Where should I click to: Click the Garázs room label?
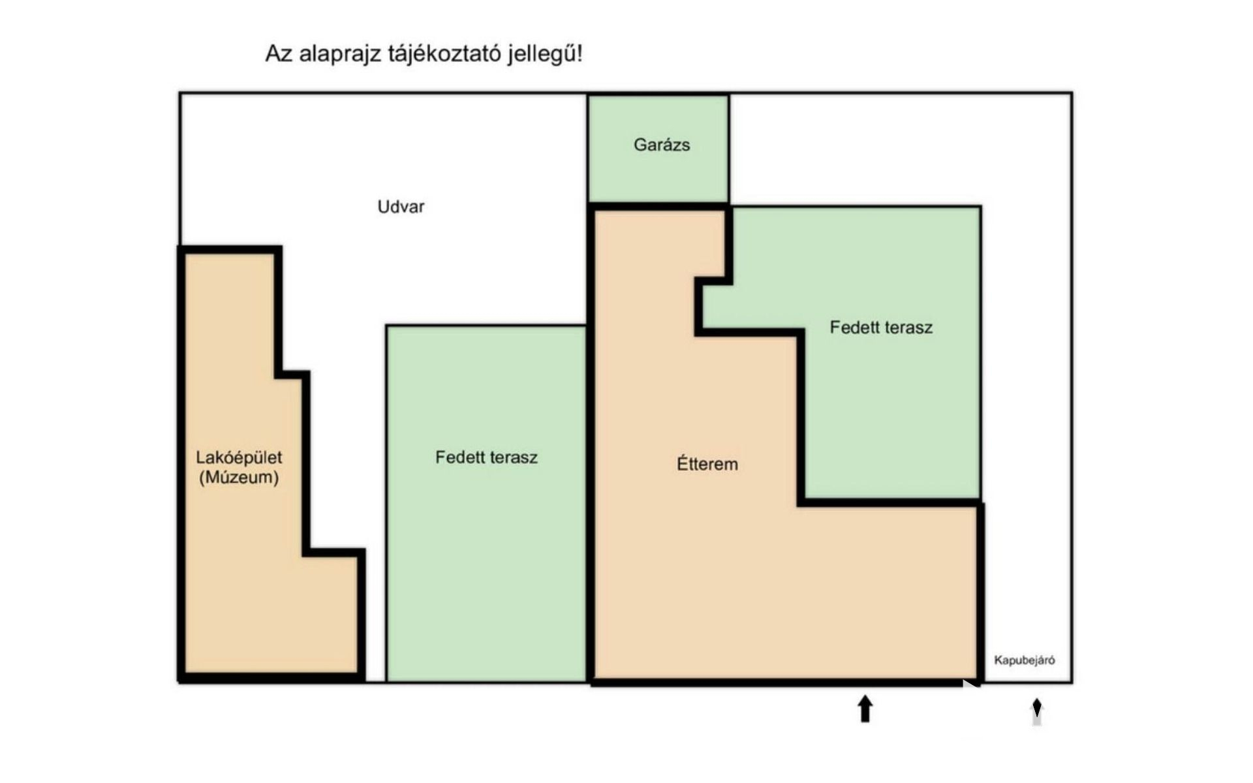point(661,145)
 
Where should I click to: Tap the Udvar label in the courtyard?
point(401,207)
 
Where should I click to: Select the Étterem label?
point(707,464)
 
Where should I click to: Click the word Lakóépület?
point(239,457)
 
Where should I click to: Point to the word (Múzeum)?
point(239,477)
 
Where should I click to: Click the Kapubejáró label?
point(1024,660)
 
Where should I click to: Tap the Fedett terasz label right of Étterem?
point(881,327)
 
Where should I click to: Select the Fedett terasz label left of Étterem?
point(486,457)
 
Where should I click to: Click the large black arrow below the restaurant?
point(865,709)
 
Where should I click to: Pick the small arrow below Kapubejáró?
point(1036,711)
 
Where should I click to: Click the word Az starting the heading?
point(279,54)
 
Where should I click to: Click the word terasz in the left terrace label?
point(511,457)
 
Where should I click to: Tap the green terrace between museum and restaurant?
point(486,555)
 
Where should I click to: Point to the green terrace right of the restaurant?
point(894,405)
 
